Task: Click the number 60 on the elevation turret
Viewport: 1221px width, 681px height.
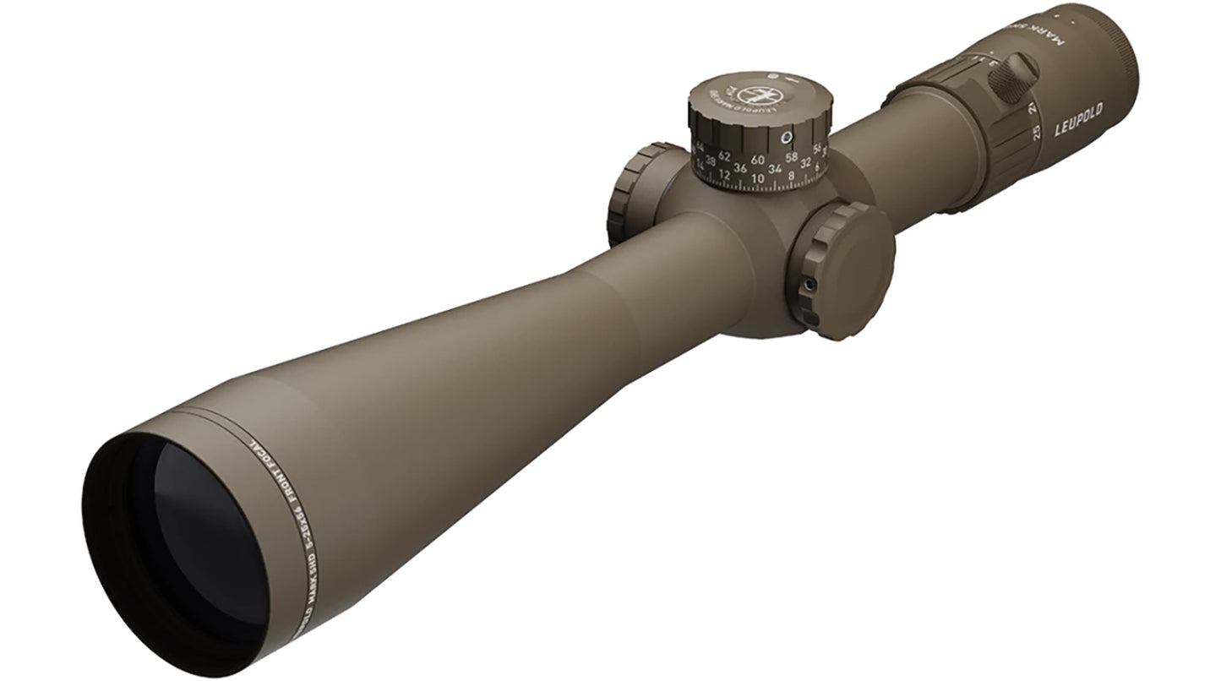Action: pos(757,160)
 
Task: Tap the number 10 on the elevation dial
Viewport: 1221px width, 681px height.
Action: pos(757,178)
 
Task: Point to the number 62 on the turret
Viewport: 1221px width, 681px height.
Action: pos(724,156)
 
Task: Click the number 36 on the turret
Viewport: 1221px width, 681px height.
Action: pos(740,168)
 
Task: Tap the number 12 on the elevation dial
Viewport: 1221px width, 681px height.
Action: pos(724,175)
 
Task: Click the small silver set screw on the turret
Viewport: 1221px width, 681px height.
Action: pos(786,137)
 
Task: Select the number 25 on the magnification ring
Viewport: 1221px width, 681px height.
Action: pos(1036,133)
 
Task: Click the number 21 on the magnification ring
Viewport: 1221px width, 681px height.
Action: pos(1032,107)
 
